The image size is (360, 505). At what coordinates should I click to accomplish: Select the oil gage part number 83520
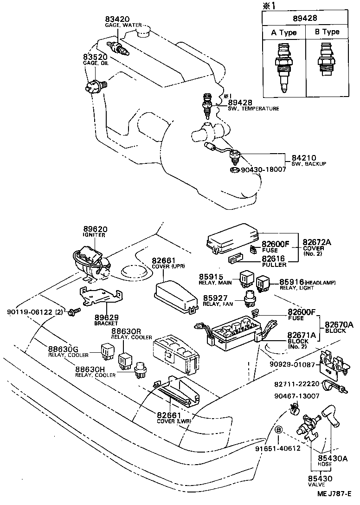(x=96, y=57)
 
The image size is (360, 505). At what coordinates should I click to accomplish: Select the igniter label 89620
(x=96, y=229)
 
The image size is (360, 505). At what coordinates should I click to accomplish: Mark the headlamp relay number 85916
(x=292, y=282)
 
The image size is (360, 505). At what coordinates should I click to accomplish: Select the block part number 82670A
(x=339, y=324)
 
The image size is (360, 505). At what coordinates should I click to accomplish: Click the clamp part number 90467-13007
(x=302, y=395)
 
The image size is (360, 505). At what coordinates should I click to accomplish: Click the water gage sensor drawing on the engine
(x=119, y=47)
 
